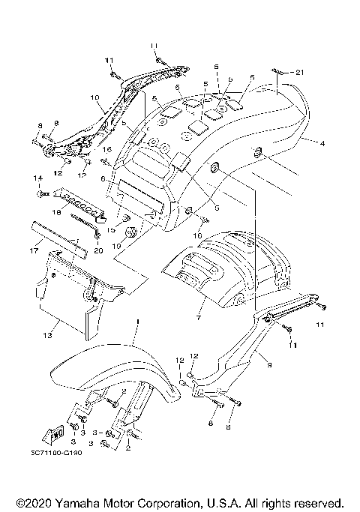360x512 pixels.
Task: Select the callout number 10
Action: (94, 97)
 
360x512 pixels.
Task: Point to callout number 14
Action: (35, 178)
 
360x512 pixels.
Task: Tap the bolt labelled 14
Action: (42, 194)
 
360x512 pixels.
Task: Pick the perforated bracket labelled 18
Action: (81, 200)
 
